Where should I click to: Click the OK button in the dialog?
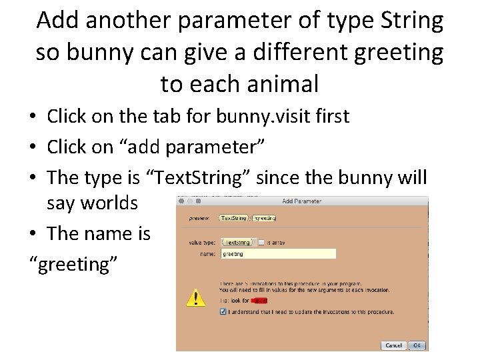coord(417,345)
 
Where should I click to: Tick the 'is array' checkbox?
coord(262,243)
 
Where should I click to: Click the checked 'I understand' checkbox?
coord(223,311)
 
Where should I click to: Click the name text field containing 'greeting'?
coord(278,254)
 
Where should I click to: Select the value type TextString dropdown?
coord(237,243)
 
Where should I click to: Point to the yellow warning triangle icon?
coord(195,297)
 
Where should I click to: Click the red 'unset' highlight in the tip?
coord(260,301)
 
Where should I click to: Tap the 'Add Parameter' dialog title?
coord(301,201)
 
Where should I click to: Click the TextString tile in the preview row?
coord(233,218)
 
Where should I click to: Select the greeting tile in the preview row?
coord(265,218)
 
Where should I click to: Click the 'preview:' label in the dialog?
coord(199,218)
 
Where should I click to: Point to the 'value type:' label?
coord(202,243)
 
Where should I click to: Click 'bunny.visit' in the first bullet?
coord(264,116)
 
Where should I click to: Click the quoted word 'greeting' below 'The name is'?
coord(74,264)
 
